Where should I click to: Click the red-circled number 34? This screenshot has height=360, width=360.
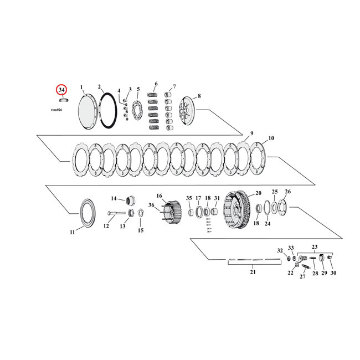coord(62,90)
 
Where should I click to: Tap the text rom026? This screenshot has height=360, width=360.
coord(63,110)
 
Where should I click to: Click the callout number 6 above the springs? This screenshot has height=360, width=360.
coord(156,84)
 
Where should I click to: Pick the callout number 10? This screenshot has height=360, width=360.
coord(271,138)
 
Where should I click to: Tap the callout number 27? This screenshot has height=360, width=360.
coord(302,276)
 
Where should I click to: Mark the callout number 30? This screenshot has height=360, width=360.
coord(333,273)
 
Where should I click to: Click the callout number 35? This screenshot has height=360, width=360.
coord(188,198)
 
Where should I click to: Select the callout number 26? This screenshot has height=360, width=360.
coord(287,192)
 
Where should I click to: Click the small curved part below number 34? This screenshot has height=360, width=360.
coord(63,100)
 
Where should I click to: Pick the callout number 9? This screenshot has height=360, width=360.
coord(251,134)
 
